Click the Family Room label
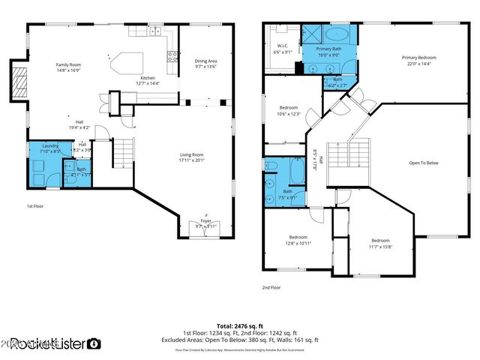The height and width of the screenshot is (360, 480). pos(68,64)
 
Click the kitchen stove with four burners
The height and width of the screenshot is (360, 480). pos(172,55)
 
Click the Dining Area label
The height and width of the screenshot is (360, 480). pos(205,61)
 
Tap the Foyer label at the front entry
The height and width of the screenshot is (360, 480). pos(205,222)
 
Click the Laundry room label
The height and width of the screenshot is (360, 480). pos(50,145)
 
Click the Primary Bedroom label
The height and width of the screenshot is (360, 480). pos(418,58)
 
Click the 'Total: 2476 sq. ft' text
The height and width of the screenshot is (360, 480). pos(240,325)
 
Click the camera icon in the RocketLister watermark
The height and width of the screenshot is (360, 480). pos(94,344)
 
